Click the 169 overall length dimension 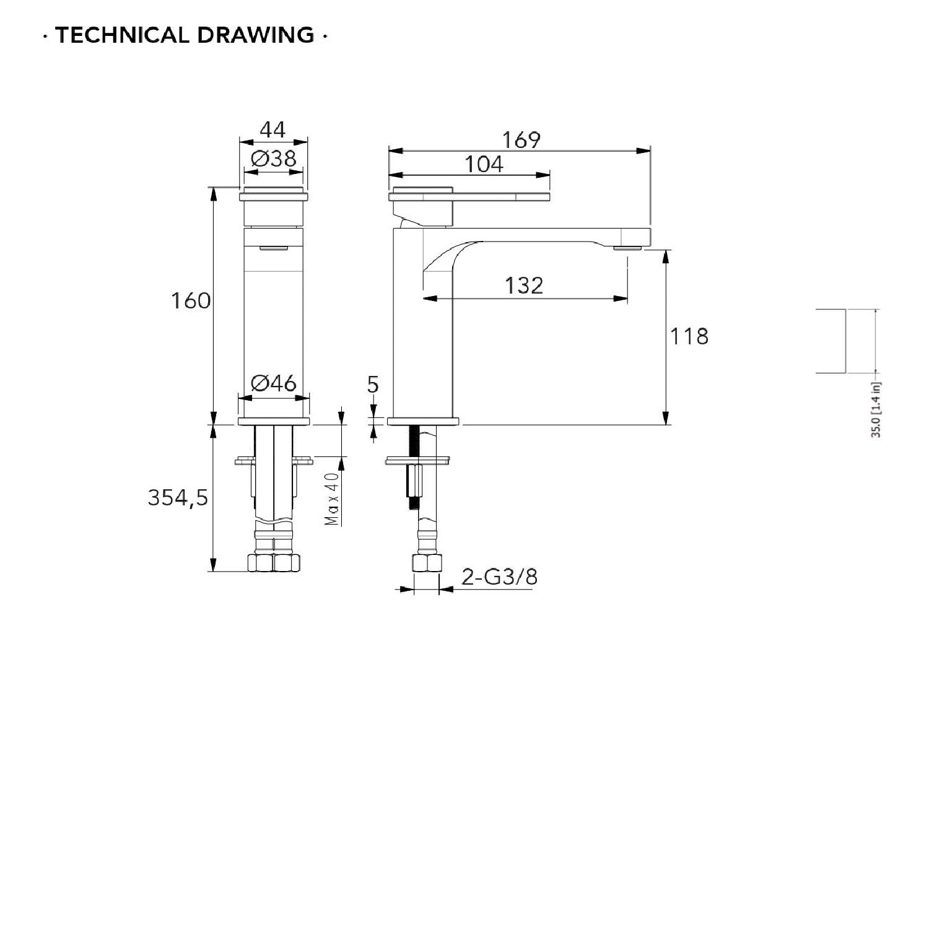(x=521, y=140)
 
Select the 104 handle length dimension (x=484, y=164)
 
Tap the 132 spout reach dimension (x=524, y=286)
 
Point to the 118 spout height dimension (x=689, y=336)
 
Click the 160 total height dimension (x=191, y=301)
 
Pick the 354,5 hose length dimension (x=177, y=497)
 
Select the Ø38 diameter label (x=274, y=159)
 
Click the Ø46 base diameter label (x=274, y=383)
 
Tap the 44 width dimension (x=273, y=129)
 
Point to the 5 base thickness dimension (x=372, y=385)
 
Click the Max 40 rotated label (x=333, y=499)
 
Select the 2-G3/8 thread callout (x=500, y=577)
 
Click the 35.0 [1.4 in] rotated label (x=876, y=409)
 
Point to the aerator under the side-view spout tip (x=627, y=248)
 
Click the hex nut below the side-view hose (x=427, y=562)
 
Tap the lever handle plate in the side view (x=469, y=198)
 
